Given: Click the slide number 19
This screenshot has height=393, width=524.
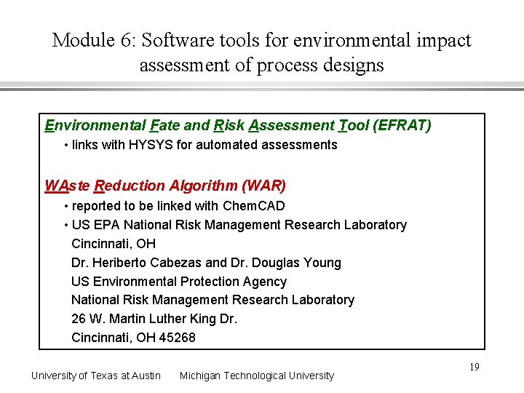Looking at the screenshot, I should pyautogui.click(x=474, y=368).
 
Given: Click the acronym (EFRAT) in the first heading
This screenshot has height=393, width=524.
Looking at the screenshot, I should pyautogui.click(x=402, y=126).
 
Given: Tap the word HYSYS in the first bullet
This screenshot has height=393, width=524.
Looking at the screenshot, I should pyautogui.click(x=151, y=145).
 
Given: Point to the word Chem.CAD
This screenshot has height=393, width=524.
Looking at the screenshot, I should pyautogui.click(x=254, y=207).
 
